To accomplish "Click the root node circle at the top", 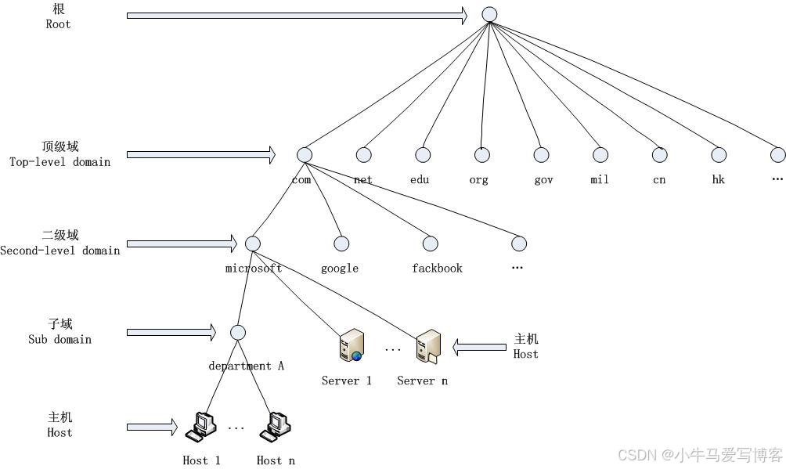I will click(x=489, y=14).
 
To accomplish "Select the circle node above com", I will click(x=305, y=155).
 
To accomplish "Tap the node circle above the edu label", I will click(x=423, y=155).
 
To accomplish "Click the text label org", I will click(x=478, y=180).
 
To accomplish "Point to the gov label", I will click(x=543, y=180).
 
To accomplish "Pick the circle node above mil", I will click(x=600, y=155).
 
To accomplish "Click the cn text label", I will click(x=659, y=180).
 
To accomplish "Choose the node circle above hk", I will click(x=719, y=155).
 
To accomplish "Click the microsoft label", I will click(x=254, y=269).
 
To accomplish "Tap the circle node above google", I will click(x=341, y=244).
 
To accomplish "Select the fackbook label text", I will click(x=437, y=269).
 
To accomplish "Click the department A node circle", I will click(x=238, y=333).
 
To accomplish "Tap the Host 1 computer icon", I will click(x=200, y=427).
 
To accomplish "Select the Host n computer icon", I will click(x=276, y=427).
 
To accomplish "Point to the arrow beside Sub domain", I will click(x=171, y=333).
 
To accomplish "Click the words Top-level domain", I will click(x=60, y=162).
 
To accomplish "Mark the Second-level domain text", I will click(x=60, y=251).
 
